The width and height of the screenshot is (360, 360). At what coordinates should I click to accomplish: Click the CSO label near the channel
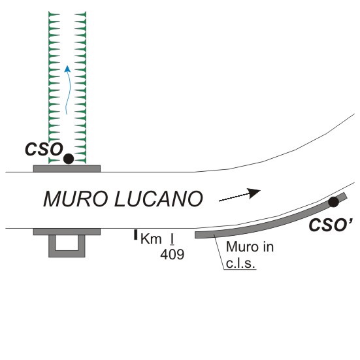[44, 149]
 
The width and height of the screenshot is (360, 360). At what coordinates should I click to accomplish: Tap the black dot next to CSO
[69, 159]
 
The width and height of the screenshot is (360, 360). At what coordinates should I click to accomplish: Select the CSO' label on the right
[331, 225]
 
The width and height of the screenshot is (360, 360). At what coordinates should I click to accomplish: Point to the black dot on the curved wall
[333, 202]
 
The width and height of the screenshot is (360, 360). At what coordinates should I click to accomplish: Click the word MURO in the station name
[76, 199]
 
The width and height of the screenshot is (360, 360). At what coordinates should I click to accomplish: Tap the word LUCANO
[159, 199]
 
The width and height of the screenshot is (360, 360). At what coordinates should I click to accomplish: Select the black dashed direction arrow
[240, 195]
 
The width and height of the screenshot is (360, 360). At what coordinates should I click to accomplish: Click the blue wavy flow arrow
[67, 90]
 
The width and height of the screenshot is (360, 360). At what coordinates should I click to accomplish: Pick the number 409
[172, 254]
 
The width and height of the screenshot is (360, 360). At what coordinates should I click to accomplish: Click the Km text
[151, 238]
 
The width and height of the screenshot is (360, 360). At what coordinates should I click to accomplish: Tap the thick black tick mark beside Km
[136, 235]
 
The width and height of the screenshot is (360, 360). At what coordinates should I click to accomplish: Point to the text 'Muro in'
[250, 247]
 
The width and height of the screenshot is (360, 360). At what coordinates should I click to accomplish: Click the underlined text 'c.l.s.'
[240, 263]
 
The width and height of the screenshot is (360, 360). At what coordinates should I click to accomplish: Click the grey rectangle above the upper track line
[67, 169]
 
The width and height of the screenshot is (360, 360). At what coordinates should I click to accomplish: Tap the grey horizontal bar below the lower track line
[67, 232]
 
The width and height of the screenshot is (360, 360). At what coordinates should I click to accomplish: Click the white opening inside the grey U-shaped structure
[67, 242]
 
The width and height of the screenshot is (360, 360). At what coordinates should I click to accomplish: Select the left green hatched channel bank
[54, 88]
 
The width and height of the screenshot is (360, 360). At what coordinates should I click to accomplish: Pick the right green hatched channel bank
[80, 88]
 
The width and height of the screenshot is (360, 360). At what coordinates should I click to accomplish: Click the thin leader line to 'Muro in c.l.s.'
[219, 252]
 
